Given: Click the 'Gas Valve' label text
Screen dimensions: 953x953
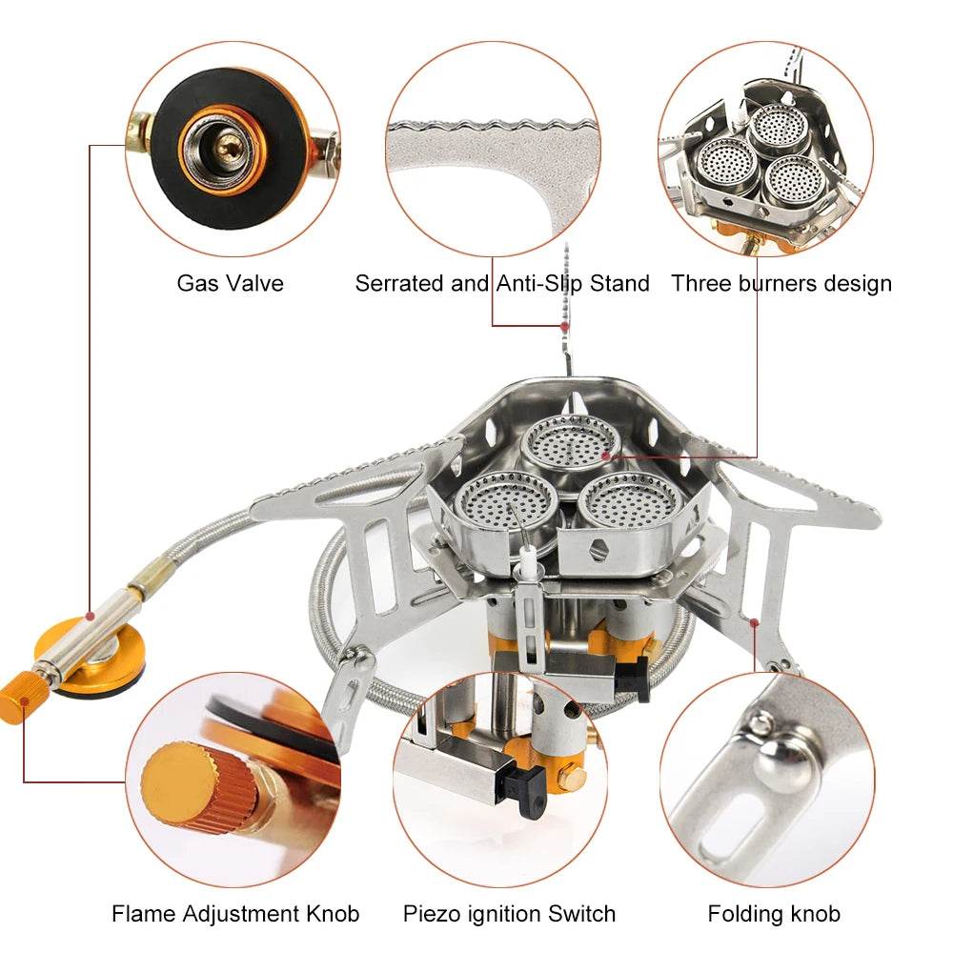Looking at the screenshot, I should pyautogui.click(x=230, y=283).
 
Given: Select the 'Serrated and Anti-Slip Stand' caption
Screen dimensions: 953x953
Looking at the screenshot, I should pyautogui.click(x=502, y=283).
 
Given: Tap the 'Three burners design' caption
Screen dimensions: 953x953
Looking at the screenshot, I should pyautogui.click(x=781, y=283).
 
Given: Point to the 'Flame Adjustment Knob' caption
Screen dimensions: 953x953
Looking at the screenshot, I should pyautogui.click(x=235, y=914).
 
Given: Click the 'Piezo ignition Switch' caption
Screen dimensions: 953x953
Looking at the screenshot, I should pyautogui.click(x=509, y=914).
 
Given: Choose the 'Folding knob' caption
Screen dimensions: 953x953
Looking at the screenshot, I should pyautogui.click(x=774, y=914).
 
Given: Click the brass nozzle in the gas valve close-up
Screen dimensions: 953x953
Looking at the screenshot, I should pyautogui.click(x=227, y=145).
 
